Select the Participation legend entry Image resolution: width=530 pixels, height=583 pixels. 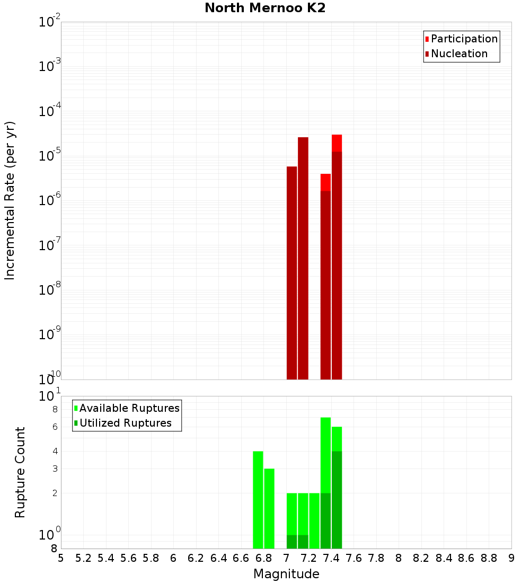coord(464,39)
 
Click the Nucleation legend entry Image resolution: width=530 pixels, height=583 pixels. coord(459,54)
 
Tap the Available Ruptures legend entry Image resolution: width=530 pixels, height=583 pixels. coord(129,409)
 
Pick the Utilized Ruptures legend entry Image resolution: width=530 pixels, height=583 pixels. coord(125,423)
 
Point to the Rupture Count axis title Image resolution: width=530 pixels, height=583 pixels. coord(20,472)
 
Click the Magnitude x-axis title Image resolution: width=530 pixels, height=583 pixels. coord(286,574)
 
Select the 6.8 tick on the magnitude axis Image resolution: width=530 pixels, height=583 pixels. coord(263,558)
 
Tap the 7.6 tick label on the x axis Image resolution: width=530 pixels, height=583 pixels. coord(354,558)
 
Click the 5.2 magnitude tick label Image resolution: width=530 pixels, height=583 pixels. coord(83,558)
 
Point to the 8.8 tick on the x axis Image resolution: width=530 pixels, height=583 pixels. coord(489,558)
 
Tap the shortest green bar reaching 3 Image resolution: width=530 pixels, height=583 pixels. coord(269,509)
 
